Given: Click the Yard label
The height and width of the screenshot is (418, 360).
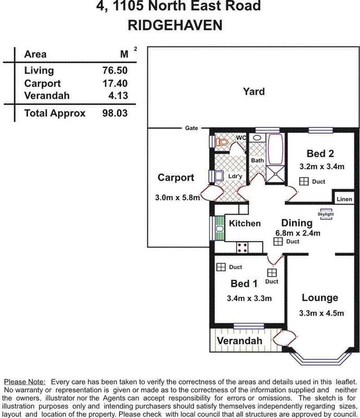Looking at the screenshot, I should click(253, 92).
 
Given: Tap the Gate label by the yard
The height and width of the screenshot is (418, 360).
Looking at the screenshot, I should click(191, 128).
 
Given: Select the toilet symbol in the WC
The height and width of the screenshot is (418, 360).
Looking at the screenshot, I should click(222, 141).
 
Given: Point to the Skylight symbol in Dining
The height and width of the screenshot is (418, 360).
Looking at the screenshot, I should click(326, 214).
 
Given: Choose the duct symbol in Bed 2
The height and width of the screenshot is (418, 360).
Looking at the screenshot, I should click(304, 181).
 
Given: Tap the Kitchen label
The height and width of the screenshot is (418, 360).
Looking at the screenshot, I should click(245, 224).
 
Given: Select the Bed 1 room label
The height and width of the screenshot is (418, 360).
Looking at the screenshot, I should click(245, 284).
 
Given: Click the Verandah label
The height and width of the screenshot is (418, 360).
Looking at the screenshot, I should click(239, 341).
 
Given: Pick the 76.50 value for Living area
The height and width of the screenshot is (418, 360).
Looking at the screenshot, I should click(115, 71).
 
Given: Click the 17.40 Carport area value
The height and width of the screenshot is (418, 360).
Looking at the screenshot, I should click(115, 84).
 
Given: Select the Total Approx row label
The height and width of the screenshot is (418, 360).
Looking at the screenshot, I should click(55, 113).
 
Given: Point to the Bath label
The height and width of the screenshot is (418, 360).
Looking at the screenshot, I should click(257, 160).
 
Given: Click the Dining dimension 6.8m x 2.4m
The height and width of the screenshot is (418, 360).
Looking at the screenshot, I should click(297, 233).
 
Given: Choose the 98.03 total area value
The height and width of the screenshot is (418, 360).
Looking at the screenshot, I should click(115, 113).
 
